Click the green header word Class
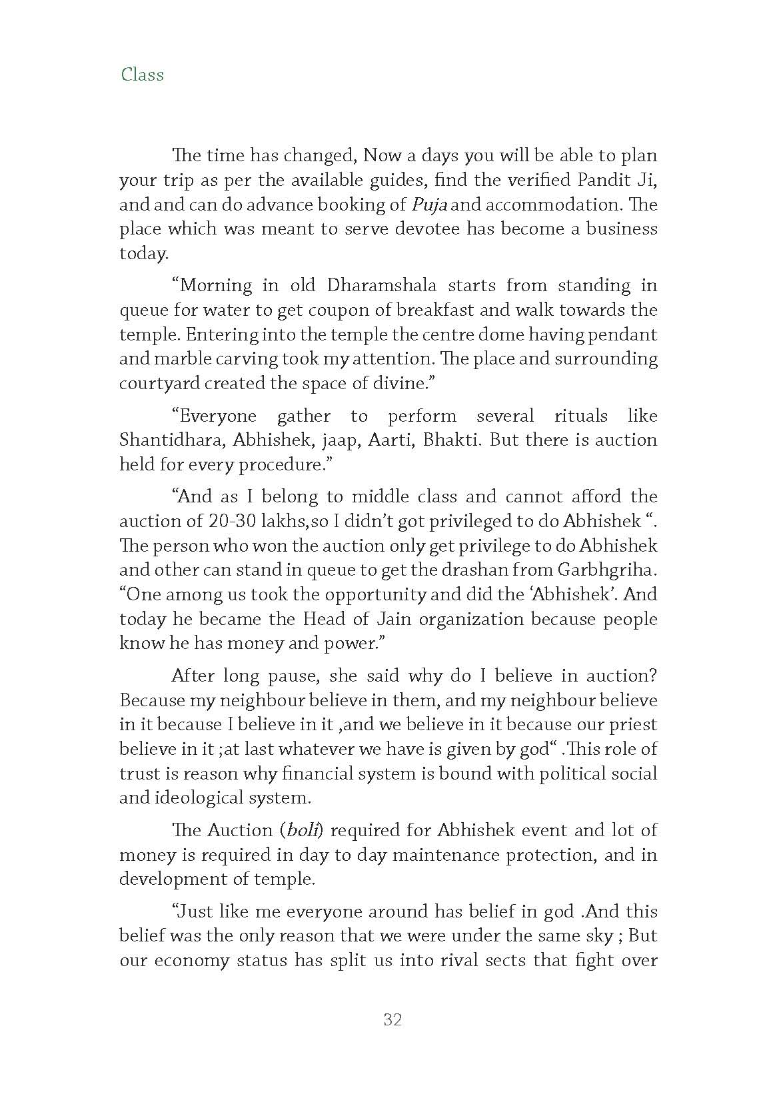pyautogui.click(x=142, y=75)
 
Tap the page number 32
pyautogui.click(x=392, y=1019)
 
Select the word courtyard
pyautogui.click(x=159, y=384)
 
